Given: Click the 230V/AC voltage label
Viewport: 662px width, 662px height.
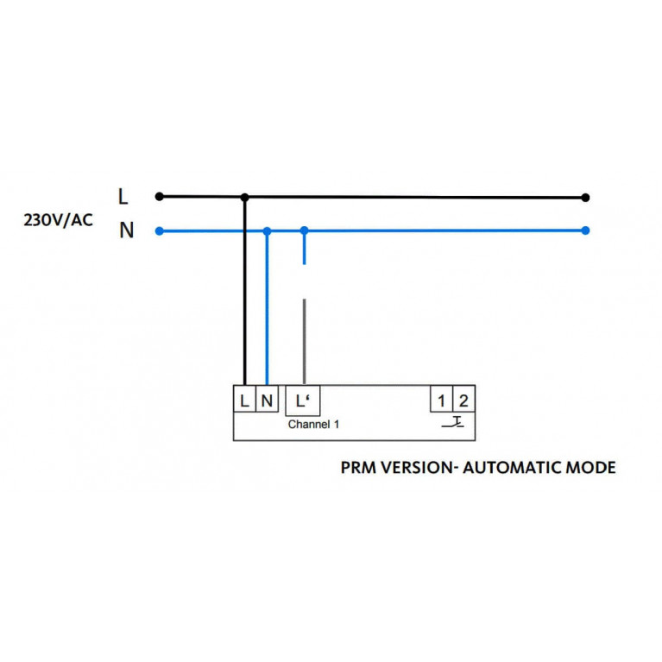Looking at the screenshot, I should [x=58, y=219].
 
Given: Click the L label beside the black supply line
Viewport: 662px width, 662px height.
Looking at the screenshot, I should [x=123, y=197].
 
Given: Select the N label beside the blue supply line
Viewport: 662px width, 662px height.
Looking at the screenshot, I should [x=126, y=231].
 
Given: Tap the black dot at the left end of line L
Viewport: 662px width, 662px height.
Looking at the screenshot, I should [x=159, y=197].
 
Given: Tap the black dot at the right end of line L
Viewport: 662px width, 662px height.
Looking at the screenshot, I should [x=586, y=198].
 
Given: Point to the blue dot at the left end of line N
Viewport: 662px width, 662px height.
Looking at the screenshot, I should [x=159, y=230].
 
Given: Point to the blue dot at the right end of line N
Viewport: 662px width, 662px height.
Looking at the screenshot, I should [x=586, y=230].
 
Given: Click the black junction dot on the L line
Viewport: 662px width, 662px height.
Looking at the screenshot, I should [x=245, y=198].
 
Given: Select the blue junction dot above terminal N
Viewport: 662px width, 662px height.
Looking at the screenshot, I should [x=268, y=230].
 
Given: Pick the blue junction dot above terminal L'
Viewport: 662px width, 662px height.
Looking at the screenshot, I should [x=304, y=230].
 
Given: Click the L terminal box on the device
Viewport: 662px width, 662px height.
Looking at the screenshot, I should [x=245, y=400].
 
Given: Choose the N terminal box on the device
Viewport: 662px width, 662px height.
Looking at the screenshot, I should [x=267, y=400].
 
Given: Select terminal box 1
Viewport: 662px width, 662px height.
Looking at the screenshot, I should [x=442, y=400].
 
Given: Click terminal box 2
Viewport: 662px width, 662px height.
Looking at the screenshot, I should [x=463, y=400].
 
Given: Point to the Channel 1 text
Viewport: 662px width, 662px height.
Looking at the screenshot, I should [x=314, y=425].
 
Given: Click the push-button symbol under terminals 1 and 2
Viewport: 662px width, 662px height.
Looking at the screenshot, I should [x=453, y=423].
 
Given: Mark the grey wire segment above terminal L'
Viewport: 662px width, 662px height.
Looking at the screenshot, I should [x=304, y=341].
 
